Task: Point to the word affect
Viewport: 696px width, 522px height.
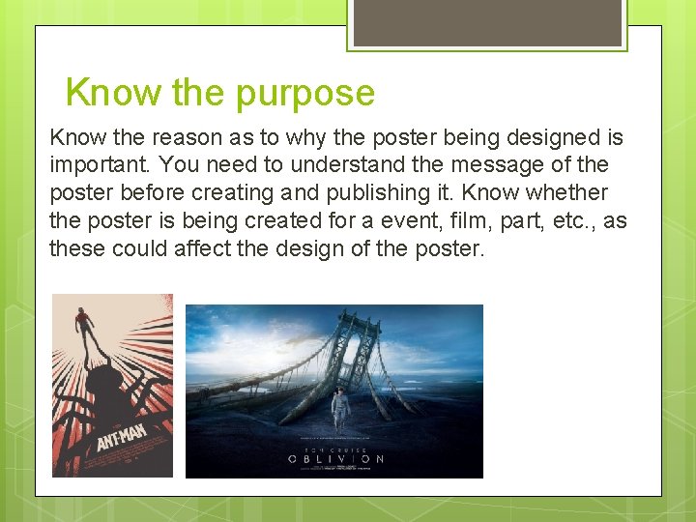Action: (204, 248)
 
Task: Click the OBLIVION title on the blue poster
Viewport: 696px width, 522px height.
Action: (334, 458)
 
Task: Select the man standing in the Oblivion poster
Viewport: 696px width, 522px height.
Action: (339, 406)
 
